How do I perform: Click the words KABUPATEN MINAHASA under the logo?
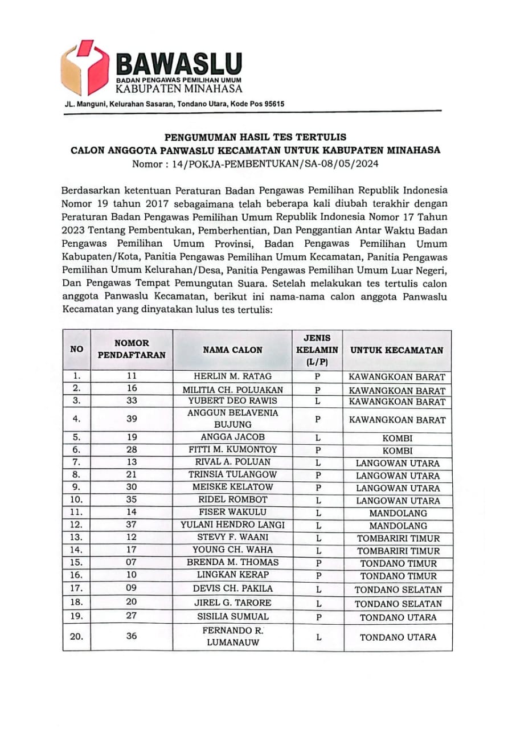(179, 88)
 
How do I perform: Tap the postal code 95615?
(271, 104)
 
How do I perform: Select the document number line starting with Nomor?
(255, 164)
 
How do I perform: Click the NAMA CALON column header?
(232, 350)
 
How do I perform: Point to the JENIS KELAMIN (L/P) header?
(317, 350)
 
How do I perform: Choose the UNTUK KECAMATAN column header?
(397, 350)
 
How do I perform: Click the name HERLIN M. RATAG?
(232, 376)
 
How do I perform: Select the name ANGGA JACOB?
(232, 437)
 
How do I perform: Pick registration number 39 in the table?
(132, 419)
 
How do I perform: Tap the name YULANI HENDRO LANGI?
(232, 525)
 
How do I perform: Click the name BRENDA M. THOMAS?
(232, 562)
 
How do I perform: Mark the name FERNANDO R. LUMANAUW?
(232, 636)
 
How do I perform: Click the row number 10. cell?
(76, 499)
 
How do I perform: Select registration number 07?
(132, 562)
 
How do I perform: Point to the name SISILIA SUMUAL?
(232, 616)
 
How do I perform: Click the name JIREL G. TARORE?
(232, 603)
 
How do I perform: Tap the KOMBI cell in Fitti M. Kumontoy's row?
(398, 450)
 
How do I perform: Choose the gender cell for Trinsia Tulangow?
(318, 475)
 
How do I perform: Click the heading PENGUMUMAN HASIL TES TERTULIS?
(255, 137)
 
